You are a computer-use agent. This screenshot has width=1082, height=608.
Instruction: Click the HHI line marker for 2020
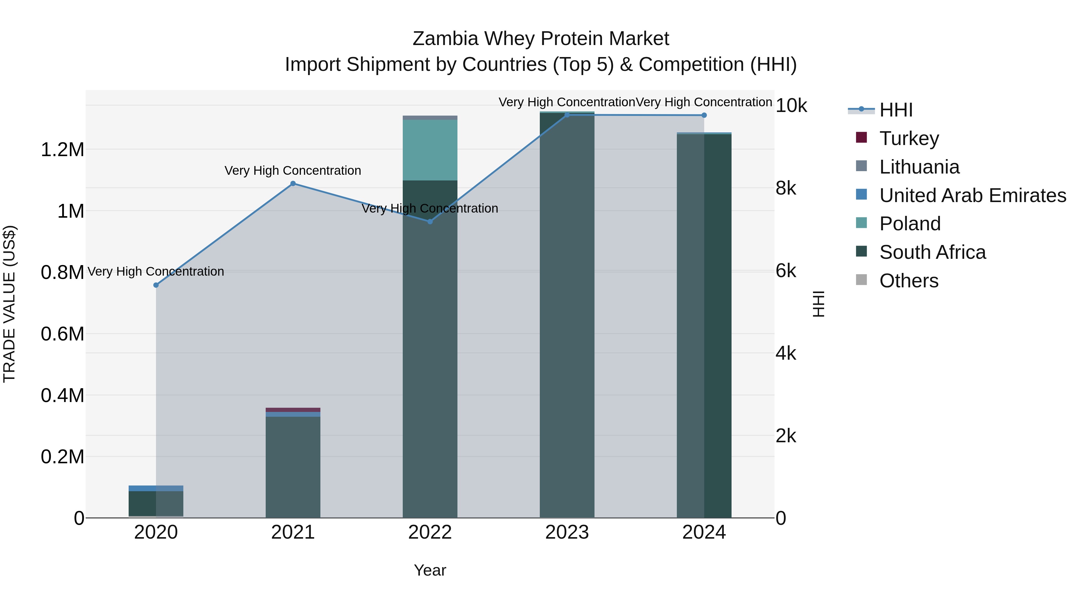tap(156, 285)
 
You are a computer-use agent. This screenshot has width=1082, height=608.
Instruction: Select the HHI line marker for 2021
tap(293, 183)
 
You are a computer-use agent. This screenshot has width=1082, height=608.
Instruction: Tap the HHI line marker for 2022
tap(430, 221)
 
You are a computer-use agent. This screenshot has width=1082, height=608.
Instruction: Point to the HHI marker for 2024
tap(704, 115)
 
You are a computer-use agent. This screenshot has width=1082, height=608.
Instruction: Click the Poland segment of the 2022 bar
tap(430, 150)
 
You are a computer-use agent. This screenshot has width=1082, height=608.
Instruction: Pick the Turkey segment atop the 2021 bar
tap(293, 410)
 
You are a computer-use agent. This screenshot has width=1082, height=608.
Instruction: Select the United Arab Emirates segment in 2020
tap(156, 488)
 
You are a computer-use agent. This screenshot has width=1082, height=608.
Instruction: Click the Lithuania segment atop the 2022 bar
tap(430, 117)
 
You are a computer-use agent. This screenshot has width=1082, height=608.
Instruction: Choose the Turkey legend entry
tap(909, 138)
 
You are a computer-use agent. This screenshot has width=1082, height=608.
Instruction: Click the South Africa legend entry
tap(932, 252)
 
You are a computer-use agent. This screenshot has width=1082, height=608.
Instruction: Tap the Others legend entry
tap(909, 281)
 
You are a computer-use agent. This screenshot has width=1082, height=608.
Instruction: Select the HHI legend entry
tap(896, 110)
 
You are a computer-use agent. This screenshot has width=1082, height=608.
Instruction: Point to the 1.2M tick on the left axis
tap(62, 150)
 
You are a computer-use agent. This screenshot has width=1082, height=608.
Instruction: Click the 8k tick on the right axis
tap(785, 188)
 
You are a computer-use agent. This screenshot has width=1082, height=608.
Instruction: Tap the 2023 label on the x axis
tap(567, 532)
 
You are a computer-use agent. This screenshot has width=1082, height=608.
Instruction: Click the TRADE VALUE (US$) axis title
tap(9, 304)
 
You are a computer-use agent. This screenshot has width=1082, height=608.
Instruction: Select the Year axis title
tap(430, 570)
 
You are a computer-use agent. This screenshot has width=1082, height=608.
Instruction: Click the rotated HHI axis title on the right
tap(818, 304)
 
